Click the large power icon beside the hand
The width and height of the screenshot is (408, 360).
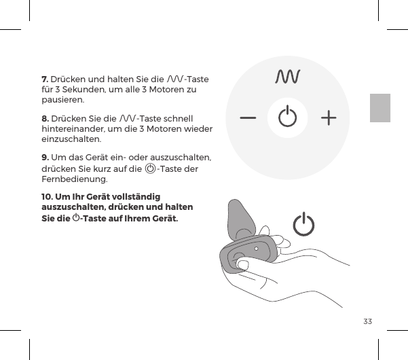click(x=304, y=226)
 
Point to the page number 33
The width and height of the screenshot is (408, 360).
click(x=368, y=321)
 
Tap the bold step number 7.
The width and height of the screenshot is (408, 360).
click(x=45, y=79)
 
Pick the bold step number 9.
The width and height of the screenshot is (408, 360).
click(x=45, y=158)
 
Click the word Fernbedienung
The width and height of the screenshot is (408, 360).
click(x=73, y=180)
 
